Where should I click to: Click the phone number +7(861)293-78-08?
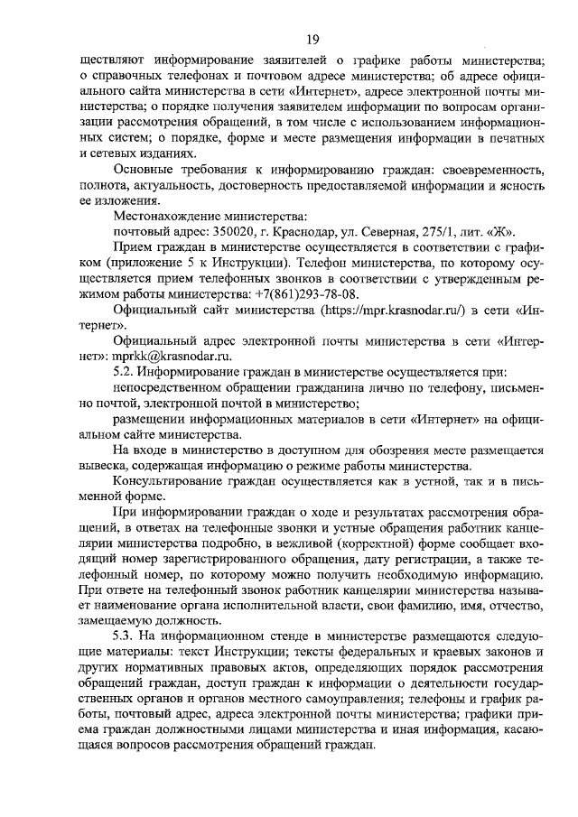[309, 293]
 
